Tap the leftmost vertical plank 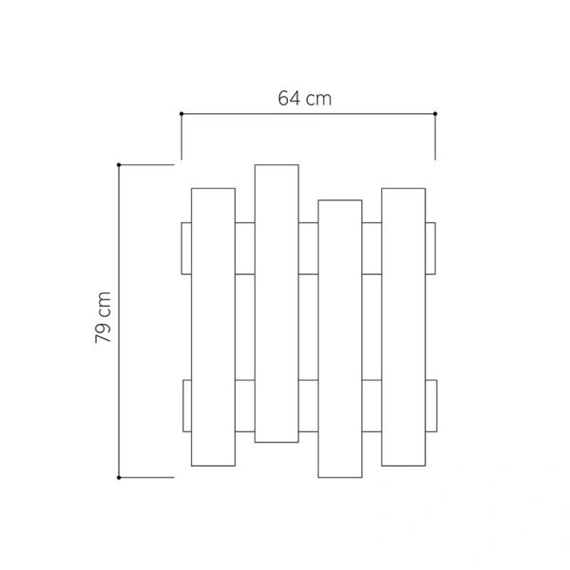pos(213,327)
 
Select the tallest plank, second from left pos(276,302)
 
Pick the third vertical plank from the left pos(339,337)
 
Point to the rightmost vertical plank pos(403,327)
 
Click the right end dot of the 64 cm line pos(434,114)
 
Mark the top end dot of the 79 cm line pos(119,165)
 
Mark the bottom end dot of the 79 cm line pos(119,477)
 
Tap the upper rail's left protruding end pos(185,248)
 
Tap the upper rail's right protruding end pos(430,248)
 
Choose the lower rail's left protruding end pos(185,406)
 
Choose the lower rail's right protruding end pos(430,406)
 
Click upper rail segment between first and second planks pos(244,248)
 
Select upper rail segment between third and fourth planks pos(371,248)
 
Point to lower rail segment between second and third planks pos(308,406)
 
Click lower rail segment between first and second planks pos(244,406)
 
